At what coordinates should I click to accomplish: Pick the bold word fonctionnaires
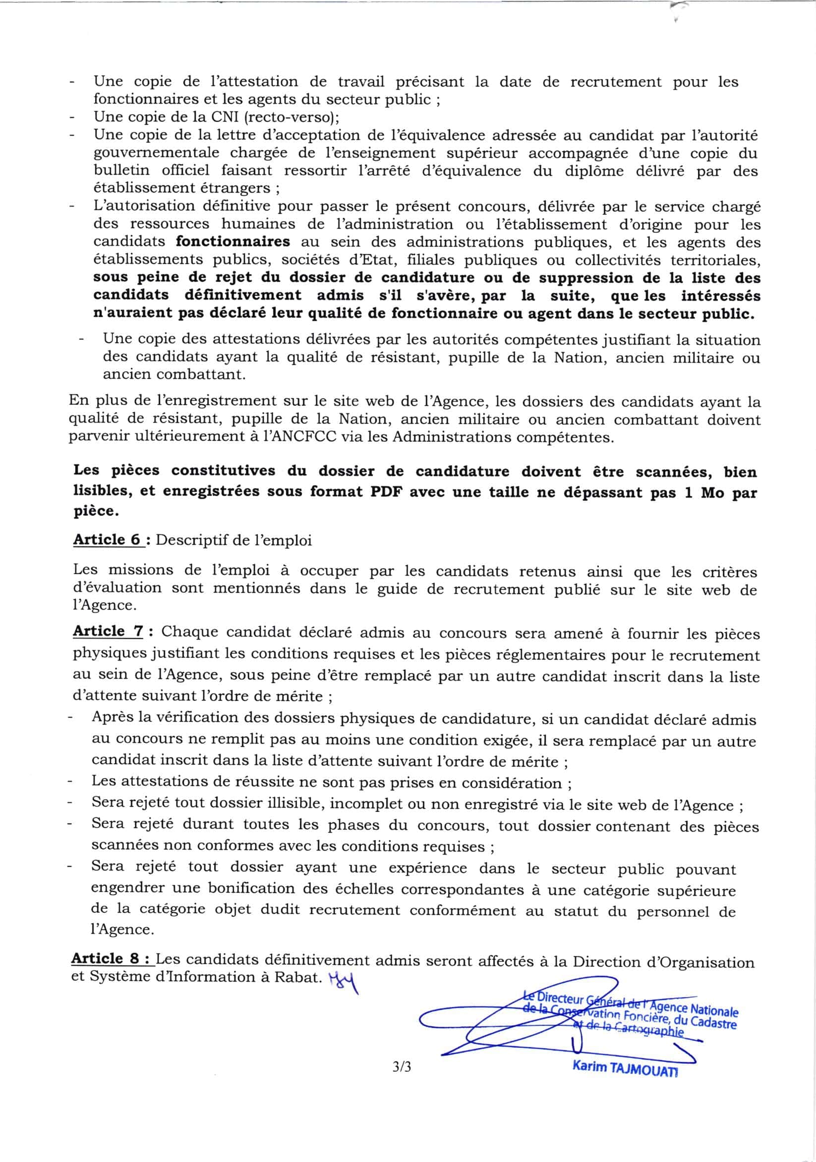pyautogui.click(x=233, y=241)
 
